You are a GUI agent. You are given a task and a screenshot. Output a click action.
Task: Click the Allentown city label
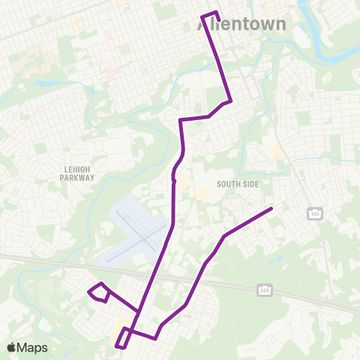point(241,24)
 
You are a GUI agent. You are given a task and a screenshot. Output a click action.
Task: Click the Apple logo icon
point(10,347)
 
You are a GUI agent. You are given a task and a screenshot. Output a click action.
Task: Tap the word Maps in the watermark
point(32,347)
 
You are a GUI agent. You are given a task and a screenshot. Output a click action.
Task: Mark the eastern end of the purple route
point(271,208)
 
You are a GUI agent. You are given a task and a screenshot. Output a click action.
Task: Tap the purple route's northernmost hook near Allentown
point(209,14)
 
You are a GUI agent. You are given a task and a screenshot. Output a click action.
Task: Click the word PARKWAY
point(78,178)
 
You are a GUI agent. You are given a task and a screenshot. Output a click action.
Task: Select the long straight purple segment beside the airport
point(174,202)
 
